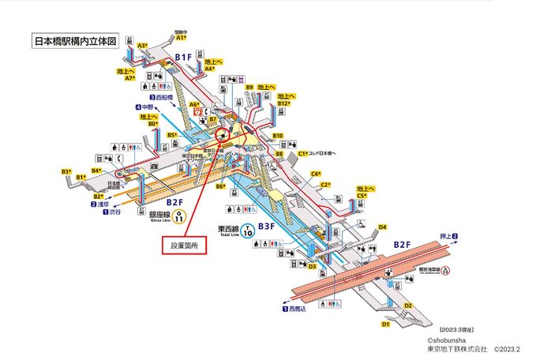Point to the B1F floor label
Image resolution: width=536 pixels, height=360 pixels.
(184, 57)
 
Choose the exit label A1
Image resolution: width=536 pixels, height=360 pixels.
(181, 37)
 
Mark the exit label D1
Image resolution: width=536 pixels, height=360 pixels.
(386, 324)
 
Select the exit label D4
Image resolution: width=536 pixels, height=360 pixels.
(382, 227)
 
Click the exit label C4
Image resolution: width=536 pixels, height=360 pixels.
(315, 174)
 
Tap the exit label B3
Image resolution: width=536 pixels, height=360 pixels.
(66, 171)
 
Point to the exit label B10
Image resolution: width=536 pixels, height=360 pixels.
(278, 136)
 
